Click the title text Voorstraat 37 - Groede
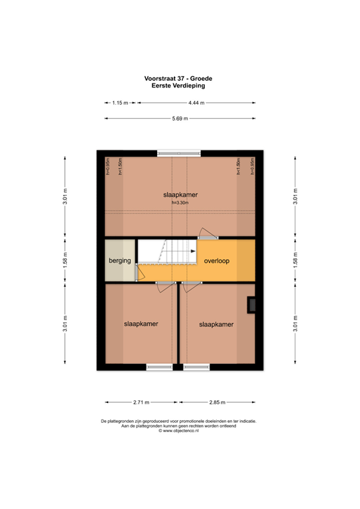178,78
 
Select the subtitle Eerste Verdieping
178,85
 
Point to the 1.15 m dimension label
120,103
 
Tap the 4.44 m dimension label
196,103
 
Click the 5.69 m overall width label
180,119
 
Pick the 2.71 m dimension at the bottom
141,402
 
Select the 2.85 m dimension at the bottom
217,402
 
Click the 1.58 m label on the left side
64,261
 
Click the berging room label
120,261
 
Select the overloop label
217,261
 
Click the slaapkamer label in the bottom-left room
141,324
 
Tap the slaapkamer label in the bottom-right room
216,325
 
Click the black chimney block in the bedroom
251,304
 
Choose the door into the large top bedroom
208,235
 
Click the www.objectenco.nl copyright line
179,431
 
